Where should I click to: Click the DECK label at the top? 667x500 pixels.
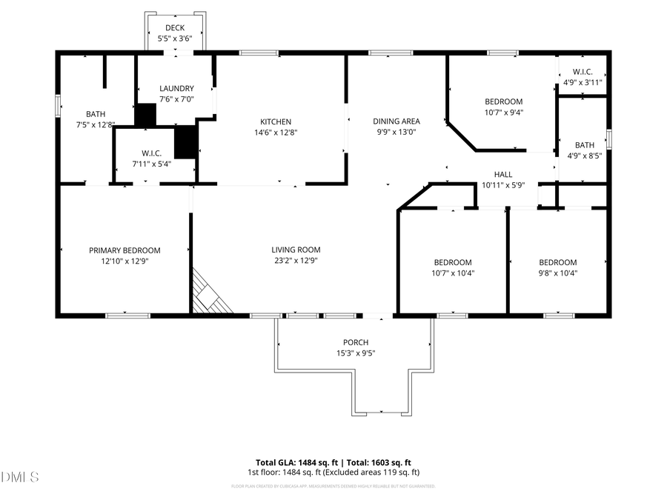coord(175,28)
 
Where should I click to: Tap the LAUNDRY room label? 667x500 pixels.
coord(176,88)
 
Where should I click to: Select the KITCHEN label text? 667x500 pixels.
coord(275,122)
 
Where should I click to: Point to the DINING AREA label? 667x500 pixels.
coord(396,121)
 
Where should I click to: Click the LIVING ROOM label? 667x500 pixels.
coord(296,250)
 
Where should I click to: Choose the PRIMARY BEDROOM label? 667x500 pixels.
coord(125,250)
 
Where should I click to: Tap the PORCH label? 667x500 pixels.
coord(356,342)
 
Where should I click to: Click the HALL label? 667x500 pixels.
coord(503,175)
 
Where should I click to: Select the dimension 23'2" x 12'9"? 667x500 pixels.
coord(296,261)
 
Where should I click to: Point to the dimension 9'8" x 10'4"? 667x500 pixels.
coord(557,273)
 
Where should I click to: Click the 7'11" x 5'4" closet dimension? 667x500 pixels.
coord(151,164)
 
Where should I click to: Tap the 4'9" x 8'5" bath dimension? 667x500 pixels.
coord(584,156)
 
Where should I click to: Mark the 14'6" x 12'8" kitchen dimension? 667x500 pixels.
coord(275,133)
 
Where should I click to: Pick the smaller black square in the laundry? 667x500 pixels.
coord(145,115)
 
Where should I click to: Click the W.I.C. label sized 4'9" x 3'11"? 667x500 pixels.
coord(583,72)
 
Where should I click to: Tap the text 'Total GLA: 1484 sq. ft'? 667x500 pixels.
coord(294,461)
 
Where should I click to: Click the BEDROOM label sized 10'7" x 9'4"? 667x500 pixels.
coord(503,101)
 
